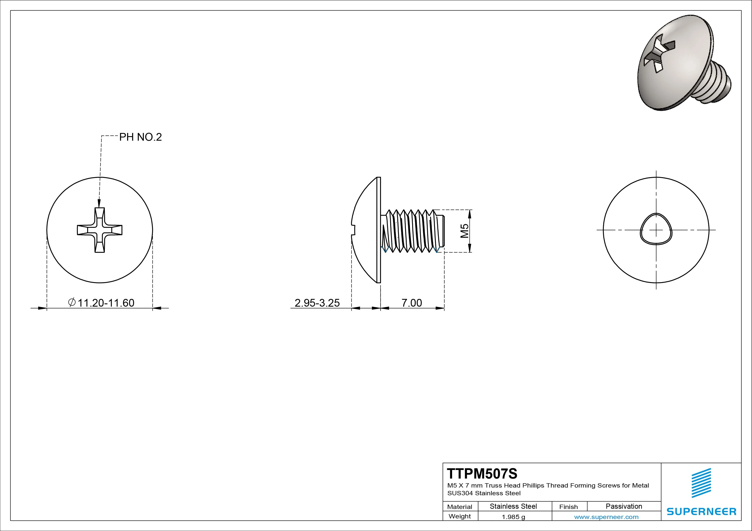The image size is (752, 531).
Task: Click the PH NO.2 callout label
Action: pyautogui.click(x=140, y=137)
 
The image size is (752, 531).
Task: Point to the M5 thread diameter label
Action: pyautogui.click(x=465, y=231)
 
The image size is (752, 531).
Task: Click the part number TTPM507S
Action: pyautogui.click(x=482, y=473)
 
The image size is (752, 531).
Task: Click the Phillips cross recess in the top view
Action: pyautogui.click(x=99, y=230)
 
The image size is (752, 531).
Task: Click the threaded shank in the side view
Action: pyautogui.click(x=413, y=231)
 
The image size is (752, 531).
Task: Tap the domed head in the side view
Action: pyautogui.click(x=365, y=230)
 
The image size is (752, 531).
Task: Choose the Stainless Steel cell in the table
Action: pyautogui.click(x=513, y=506)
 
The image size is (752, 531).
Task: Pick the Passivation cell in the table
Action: pyautogui.click(x=624, y=506)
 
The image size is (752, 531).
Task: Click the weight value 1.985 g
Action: pyautogui.click(x=513, y=517)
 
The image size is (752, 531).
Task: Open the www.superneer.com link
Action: pyautogui.click(x=606, y=517)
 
